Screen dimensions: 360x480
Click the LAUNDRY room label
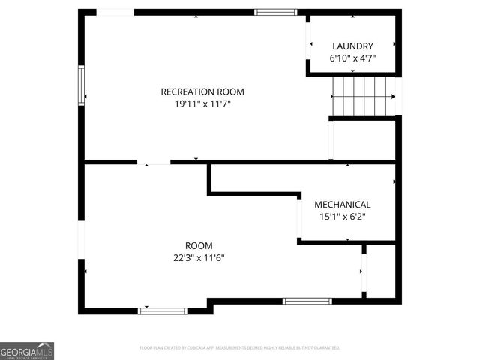coord(352,46)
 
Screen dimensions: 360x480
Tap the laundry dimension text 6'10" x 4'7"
coord(352,58)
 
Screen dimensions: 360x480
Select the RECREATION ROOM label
coord(202,91)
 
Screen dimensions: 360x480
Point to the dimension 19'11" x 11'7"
coord(202,103)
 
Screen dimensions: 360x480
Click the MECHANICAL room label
coord(342,204)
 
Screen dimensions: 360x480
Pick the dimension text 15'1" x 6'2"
coord(342,217)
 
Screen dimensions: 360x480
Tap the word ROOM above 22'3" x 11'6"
coord(199,245)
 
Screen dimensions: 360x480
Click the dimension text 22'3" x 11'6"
coord(199,257)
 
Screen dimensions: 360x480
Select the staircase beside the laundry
coord(363,96)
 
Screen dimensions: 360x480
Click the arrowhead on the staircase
coord(392,96)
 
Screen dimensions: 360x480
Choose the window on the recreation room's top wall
coord(275,12)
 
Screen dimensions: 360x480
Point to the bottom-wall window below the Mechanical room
coord(307,301)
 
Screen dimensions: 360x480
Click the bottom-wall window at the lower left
coord(163,310)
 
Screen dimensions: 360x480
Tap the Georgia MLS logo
coord(27,350)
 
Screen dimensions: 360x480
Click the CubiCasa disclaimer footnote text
coord(240,348)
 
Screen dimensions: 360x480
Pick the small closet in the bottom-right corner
coord(379,270)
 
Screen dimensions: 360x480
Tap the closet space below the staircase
coord(363,139)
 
